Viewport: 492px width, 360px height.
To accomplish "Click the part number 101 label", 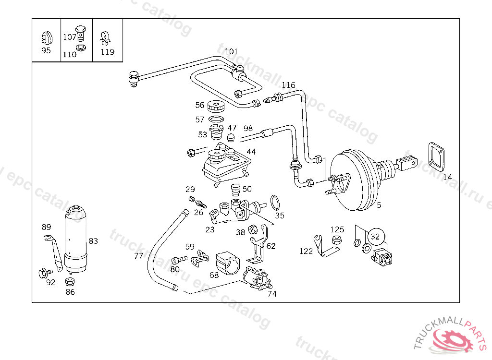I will point(231,51).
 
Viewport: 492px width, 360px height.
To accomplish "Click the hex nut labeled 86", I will point(70,281).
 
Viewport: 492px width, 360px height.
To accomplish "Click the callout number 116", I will point(288,85).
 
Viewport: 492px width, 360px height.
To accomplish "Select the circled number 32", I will point(376,236).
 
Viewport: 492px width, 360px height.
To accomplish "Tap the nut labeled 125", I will point(337,240).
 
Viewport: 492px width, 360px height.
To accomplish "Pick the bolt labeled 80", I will point(180,259).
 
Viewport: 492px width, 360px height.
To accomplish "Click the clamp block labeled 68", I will point(228,262).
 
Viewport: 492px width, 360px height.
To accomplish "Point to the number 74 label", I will point(272,294).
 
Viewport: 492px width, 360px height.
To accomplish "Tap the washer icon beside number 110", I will point(82,48).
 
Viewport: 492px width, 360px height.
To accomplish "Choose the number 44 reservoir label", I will point(251,152).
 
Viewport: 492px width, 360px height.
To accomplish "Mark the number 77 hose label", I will point(138,256).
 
